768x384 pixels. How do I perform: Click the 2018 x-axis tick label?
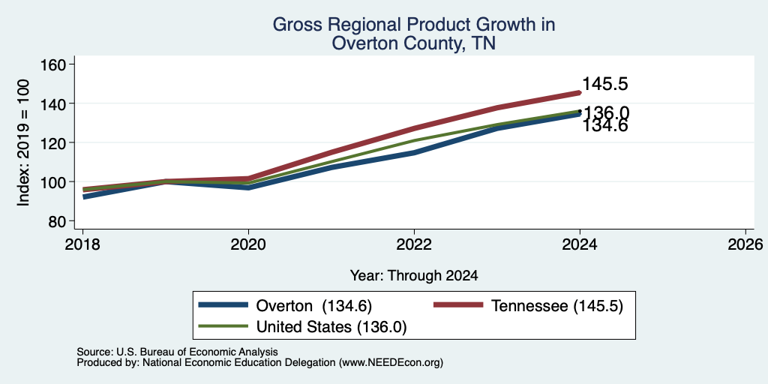click(x=82, y=244)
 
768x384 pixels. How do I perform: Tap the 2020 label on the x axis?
click(x=248, y=244)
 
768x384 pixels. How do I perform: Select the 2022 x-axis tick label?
click(x=414, y=244)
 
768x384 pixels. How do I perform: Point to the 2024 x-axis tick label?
click(x=580, y=244)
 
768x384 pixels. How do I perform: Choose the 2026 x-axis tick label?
click(x=745, y=244)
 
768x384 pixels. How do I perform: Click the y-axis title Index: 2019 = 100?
click(x=23, y=142)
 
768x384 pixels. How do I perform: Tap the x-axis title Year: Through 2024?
click(x=414, y=276)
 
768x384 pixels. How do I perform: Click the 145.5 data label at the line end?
click(x=605, y=84)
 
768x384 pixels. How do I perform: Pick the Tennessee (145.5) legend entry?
click(x=557, y=306)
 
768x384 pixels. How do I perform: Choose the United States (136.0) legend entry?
click(x=331, y=327)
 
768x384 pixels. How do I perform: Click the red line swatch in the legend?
click(x=458, y=305)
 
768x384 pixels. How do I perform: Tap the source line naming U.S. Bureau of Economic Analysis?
click(x=177, y=352)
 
